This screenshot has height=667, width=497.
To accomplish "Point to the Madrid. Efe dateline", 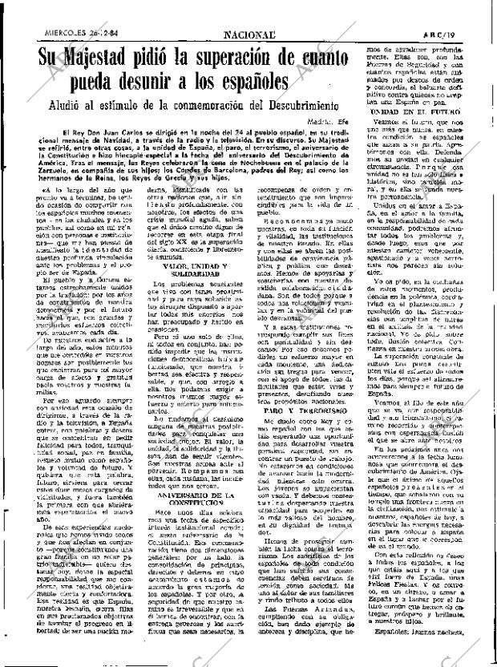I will click(329, 125).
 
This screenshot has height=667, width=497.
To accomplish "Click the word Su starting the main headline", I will click(46, 58).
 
